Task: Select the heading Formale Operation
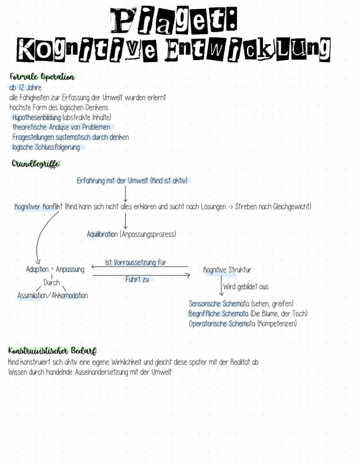coord(42,77)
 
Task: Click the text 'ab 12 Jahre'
coord(25,87)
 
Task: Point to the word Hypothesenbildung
coord(37,117)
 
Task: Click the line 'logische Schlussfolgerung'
coord(46,147)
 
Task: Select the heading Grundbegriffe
coord(36,164)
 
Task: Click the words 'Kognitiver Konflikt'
coord(39,207)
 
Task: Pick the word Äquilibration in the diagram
coord(103,234)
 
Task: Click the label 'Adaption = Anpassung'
coord(55,269)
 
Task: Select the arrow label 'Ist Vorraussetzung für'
coord(136,263)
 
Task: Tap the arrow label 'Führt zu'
coord(137,279)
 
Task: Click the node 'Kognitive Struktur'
coord(227,270)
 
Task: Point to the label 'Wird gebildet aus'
coord(246,287)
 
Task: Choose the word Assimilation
coord(33,295)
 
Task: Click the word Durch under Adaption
coord(52,282)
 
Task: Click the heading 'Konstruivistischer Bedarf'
coord(52,351)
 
